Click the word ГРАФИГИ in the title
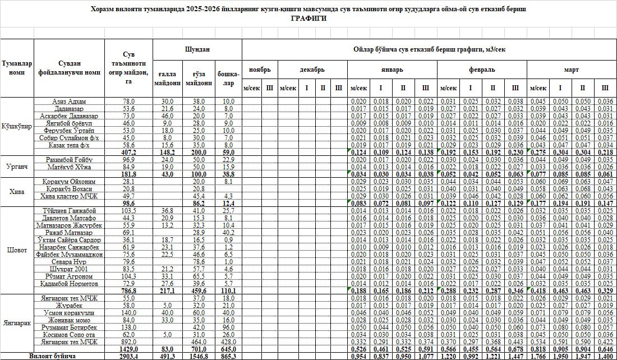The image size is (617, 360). pyautogui.click(x=308, y=19)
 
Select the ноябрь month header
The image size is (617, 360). pyautogui.click(x=260, y=70)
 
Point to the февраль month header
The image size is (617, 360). pyautogui.click(x=482, y=70)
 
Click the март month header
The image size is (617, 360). pyautogui.click(x=572, y=70)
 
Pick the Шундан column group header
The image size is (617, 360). pyautogui.click(x=197, y=49)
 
